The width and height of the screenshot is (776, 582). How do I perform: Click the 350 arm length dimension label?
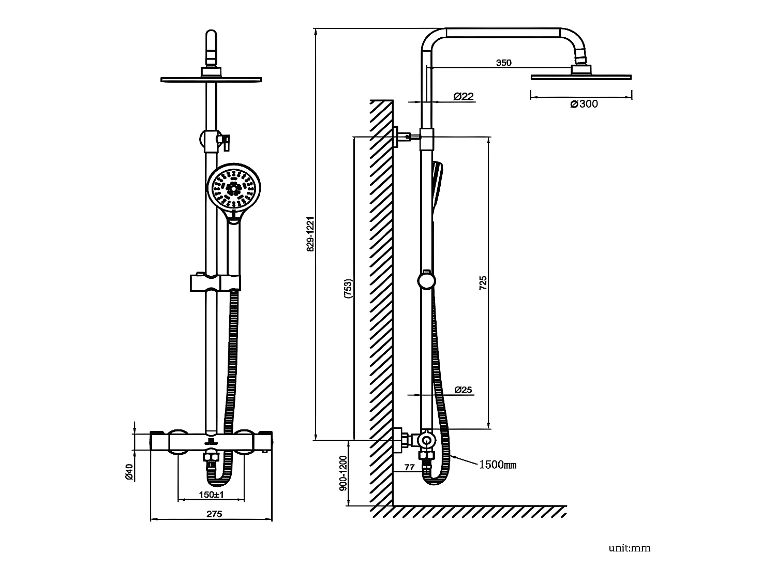pyautogui.click(x=503, y=63)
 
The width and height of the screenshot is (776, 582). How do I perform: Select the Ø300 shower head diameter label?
pyautogui.click(x=584, y=104)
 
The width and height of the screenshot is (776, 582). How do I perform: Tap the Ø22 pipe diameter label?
pyautogui.click(x=463, y=96)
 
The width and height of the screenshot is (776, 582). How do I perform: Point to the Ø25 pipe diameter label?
pyautogui.click(x=463, y=390)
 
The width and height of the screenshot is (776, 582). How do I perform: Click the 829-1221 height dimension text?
pyautogui.click(x=310, y=234)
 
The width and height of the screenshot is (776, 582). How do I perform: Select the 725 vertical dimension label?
pyautogui.click(x=483, y=282)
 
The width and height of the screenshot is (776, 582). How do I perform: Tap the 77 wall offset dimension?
pyautogui.click(x=409, y=467)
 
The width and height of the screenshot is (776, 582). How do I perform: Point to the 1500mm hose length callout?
pyautogui.click(x=497, y=465)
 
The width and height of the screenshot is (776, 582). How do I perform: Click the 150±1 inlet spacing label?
pyautogui.click(x=211, y=495)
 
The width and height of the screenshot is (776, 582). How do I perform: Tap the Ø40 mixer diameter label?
pyautogui.click(x=129, y=471)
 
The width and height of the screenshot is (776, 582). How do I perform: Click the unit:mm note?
pyautogui.click(x=629, y=548)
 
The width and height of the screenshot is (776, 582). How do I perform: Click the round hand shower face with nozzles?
pyautogui.click(x=234, y=189)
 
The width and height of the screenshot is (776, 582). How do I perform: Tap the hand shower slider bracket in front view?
pyautogui.click(x=215, y=282)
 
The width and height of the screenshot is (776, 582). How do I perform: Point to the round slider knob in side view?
pyautogui.click(x=426, y=281)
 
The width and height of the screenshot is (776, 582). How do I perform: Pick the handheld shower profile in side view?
pyautogui.click(x=437, y=186)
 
